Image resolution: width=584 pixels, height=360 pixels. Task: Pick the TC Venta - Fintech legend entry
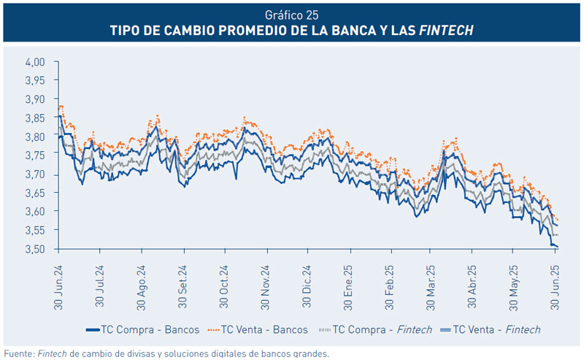pos(496,329)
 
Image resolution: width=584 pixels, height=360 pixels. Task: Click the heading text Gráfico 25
pos(292,14)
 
